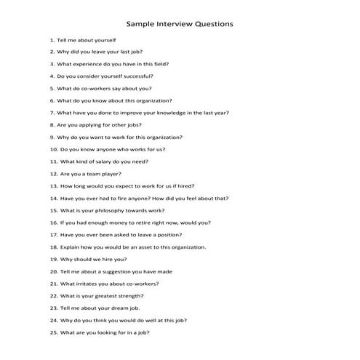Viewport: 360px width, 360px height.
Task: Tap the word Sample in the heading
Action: (x=141, y=24)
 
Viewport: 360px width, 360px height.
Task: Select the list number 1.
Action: (x=52, y=40)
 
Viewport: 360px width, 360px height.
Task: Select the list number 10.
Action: (x=54, y=149)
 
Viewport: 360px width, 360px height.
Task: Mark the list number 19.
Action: (x=54, y=259)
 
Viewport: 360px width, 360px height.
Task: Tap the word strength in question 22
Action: (x=129, y=296)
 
